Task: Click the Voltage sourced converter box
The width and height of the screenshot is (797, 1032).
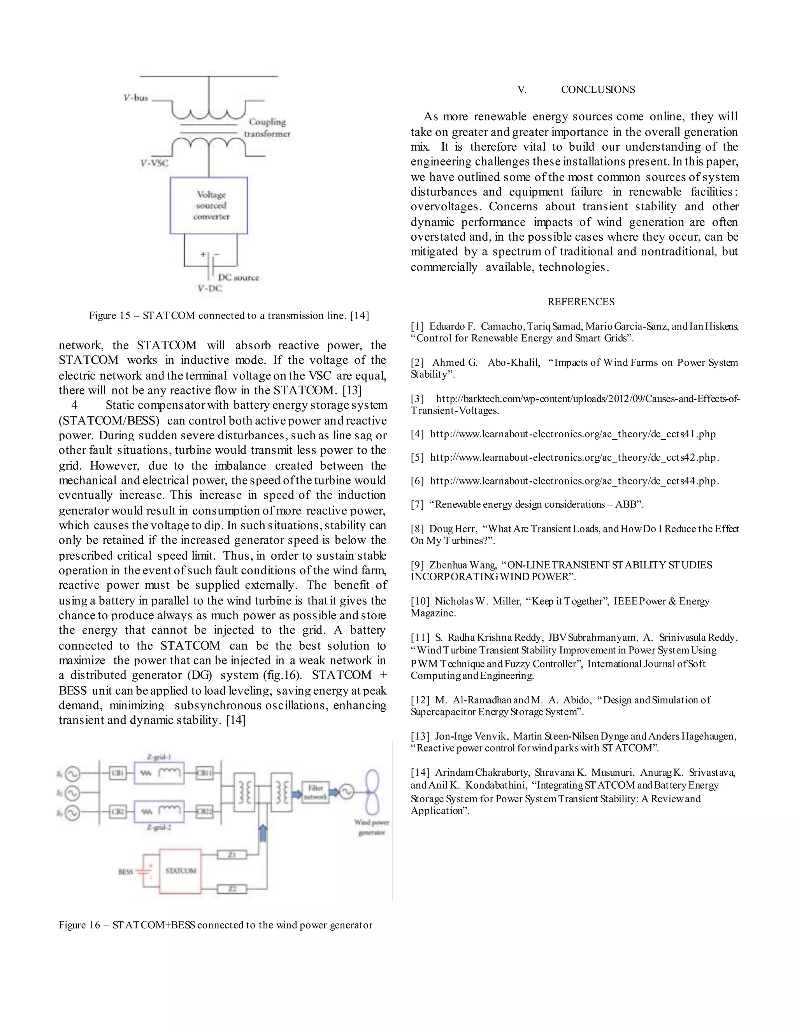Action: click(x=208, y=206)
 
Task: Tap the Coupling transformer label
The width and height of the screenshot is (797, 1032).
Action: click(x=267, y=128)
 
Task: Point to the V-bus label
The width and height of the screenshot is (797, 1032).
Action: click(x=135, y=98)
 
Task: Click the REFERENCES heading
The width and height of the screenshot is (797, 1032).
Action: click(x=581, y=301)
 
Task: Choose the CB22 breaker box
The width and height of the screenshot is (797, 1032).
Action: click(x=205, y=812)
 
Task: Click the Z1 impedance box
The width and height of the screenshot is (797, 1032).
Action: click(x=232, y=854)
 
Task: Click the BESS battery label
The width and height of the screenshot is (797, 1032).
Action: click(x=125, y=872)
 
